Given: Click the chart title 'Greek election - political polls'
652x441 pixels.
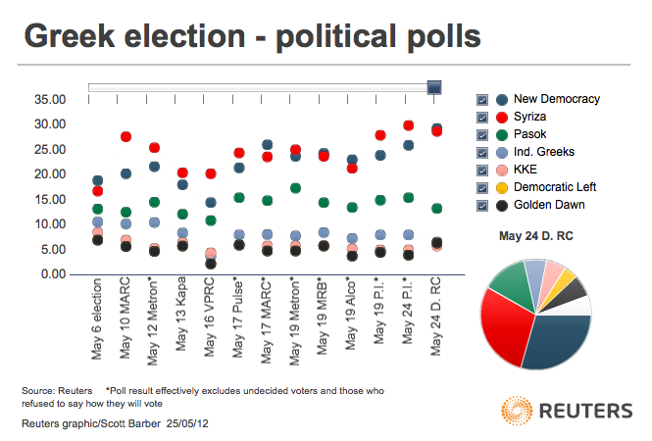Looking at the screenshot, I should pyautogui.click(x=252, y=36).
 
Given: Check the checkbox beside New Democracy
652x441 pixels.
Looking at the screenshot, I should pyautogui.click(x=482, y=100).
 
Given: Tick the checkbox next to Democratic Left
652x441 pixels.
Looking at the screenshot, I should pyautogui.click(x=482, y=187).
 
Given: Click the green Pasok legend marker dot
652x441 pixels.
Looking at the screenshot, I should pyautogui.click(x=502, y=134).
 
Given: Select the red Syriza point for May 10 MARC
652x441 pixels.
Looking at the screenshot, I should pyautogui.click(x=125, y=137).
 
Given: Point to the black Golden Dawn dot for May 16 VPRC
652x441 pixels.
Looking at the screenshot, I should pyautogui.click(x=211, y=264).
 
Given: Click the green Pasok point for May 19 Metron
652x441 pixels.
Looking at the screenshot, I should pyautogui.click(x=295, y=187).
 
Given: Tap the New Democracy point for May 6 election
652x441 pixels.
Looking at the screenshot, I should pyautogui.click(x=97, y=180).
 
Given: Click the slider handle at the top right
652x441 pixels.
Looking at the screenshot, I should pyautogui.click(x=434, y=87).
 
